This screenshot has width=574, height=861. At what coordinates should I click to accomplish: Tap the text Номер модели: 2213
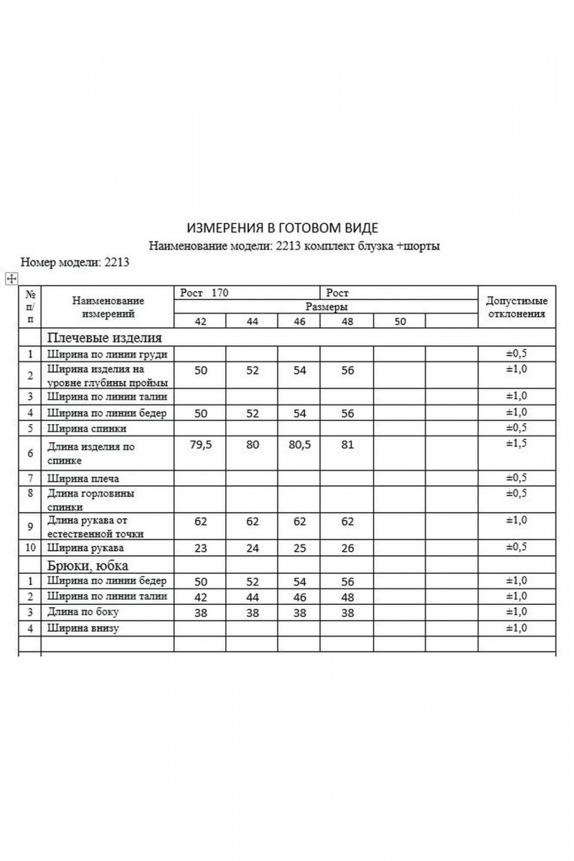75,262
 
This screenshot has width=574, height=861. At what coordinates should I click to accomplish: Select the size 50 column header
400,321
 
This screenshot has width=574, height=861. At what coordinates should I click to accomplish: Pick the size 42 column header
200,321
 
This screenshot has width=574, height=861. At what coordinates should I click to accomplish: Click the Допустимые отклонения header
517,307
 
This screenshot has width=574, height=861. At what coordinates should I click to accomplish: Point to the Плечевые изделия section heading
105,337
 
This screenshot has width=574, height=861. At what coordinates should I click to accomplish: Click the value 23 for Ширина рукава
200,548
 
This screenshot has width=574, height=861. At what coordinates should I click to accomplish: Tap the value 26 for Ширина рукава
347,548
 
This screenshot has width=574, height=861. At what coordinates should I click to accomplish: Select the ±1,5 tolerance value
517,443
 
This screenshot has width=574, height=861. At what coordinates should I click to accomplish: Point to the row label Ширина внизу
83,628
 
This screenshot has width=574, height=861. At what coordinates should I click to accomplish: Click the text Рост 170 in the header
201,293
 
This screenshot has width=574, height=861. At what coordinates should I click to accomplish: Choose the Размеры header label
326,306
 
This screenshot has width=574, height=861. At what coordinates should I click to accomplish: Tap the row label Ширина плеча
84,478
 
